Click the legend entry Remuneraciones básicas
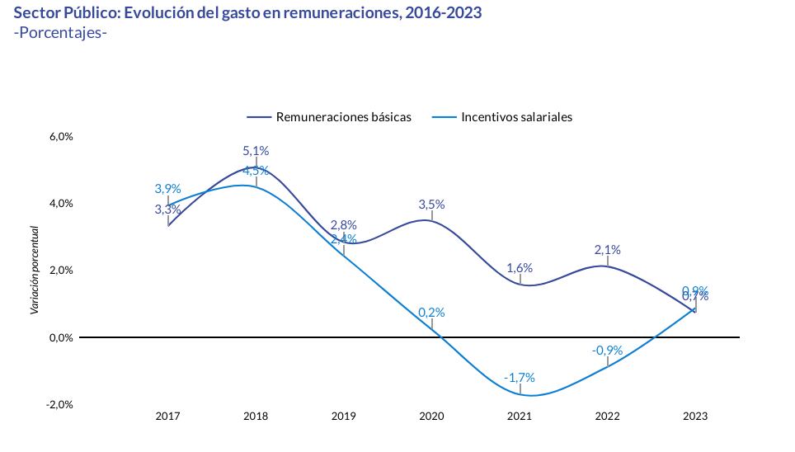(343, 117)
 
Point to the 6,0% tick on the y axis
(61, 136)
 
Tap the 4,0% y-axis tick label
(61, 203)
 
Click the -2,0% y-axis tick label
(60, 404)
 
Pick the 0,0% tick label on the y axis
(61, 337)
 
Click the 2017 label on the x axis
(167, 417)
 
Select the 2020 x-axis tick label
(431, 417)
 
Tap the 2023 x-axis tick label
(695, 417)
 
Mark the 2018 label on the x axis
(256, 417)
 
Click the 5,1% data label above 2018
(256, 151)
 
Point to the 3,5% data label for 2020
(431, 205)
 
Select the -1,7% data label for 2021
(520, 378)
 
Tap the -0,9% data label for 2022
(607, 351)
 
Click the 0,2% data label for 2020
(431, 313)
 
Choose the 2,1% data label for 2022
(607, 250)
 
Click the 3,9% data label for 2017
(167, 189)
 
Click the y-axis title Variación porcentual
(35, 270)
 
